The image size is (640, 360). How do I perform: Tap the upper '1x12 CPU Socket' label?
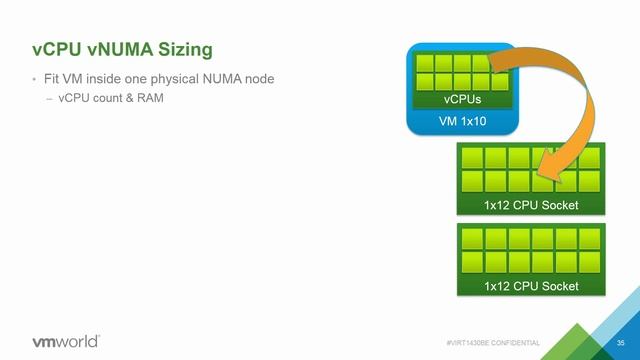tap(531, 205)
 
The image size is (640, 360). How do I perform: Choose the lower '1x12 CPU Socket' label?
tap(531, 286)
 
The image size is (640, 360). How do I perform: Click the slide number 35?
tap(620, 342)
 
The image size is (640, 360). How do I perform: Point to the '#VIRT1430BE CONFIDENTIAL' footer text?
tap(493, 343)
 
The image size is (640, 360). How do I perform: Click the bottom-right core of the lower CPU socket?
tap(592, 261)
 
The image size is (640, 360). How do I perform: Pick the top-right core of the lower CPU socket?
tap(592, 239)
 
